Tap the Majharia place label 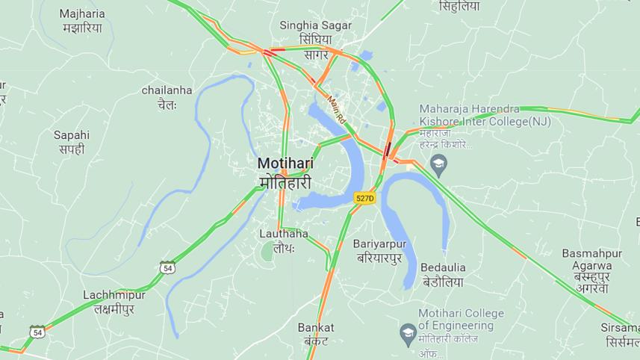(x=82, y=21)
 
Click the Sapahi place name (x=72, y=142)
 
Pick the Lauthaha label (x=284, y=240)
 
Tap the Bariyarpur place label (x=379, y=251)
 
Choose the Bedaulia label (x=443, y=274)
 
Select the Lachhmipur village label (x=114, y=302)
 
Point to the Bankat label (x=316, y=334)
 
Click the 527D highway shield (x=364, y=198)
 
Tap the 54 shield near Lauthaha (x=167, y=267)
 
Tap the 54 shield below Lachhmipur (x=37, y=331)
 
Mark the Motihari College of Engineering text (x=461, y=326)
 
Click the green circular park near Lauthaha (x=268, y=252)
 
